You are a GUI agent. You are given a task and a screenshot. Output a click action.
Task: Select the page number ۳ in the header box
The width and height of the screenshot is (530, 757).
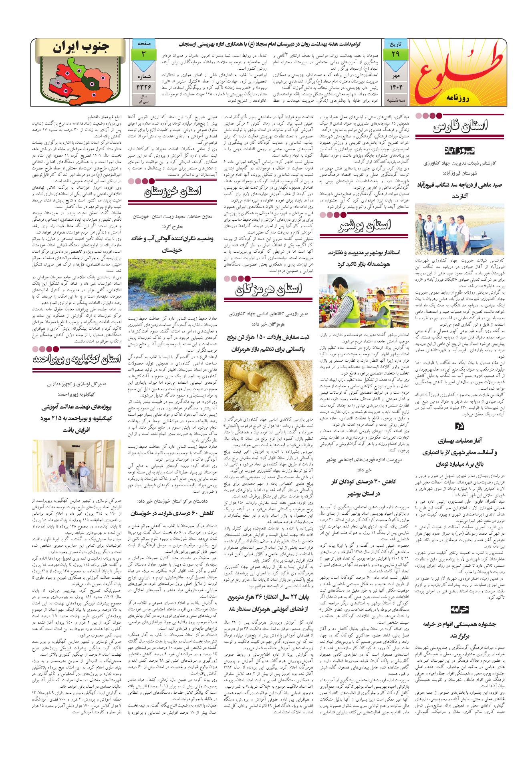click(x=143, y=54)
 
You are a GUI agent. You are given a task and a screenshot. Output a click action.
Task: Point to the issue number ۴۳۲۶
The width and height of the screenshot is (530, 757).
click(x=143, y=87)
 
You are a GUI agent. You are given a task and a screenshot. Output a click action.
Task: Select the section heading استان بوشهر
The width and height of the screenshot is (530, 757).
click(x=367, y=229)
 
